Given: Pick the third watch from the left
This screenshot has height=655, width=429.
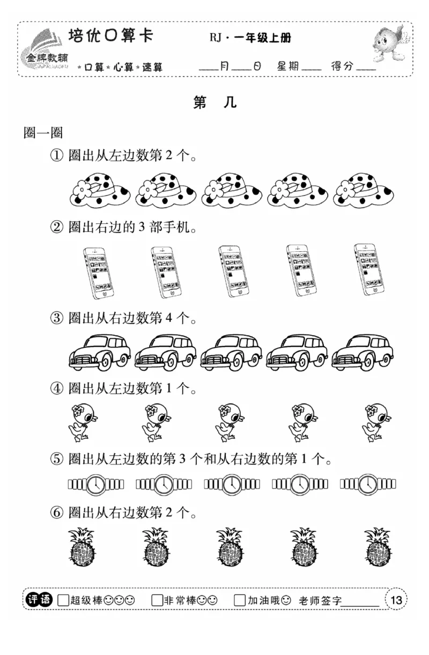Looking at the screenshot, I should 232,485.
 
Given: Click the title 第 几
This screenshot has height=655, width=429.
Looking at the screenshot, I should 214,103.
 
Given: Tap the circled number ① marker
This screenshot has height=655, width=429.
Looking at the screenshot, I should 57,156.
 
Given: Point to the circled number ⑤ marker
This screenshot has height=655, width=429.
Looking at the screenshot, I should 57,460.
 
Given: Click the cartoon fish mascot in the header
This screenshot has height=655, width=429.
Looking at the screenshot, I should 388,44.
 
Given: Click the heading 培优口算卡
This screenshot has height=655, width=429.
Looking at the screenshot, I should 111,37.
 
